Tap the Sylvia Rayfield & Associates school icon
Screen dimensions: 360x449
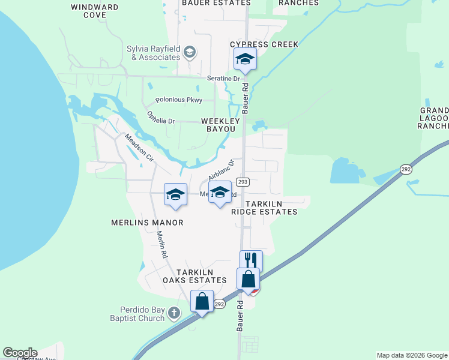click(190, 53)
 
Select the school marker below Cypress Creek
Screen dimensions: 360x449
click(245, 59)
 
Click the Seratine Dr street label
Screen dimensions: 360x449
click(228, 79)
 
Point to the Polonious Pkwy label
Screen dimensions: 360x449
click(179, 100)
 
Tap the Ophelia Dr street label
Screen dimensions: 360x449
click(161, 118)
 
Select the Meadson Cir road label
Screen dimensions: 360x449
click(139, 147)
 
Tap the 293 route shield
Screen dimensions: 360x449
click(243, 182)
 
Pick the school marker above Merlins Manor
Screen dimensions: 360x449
click(175, 194)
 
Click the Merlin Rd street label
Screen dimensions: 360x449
click(160, 245)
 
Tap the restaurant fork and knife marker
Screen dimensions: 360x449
click(251, 260)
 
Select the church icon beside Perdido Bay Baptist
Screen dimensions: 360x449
click(174, 313)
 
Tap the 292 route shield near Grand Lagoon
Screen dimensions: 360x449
click(406, 170)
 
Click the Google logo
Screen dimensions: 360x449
click(20, 353)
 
